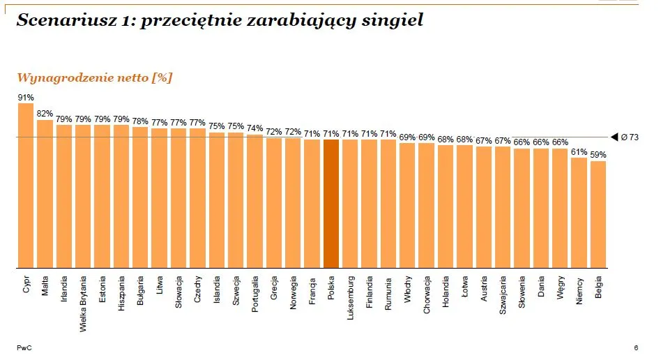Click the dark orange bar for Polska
331,203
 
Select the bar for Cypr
26,186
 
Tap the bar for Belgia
598,214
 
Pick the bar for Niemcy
579,212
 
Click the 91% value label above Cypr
26,98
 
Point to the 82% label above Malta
45,114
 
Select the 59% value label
598,155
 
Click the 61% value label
579,151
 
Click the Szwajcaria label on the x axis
503,296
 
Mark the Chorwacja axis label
427,296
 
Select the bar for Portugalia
255,201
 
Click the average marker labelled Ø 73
625,137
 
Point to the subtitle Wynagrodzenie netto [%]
94,77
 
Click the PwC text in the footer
23,347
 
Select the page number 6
636,347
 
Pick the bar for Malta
45,193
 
